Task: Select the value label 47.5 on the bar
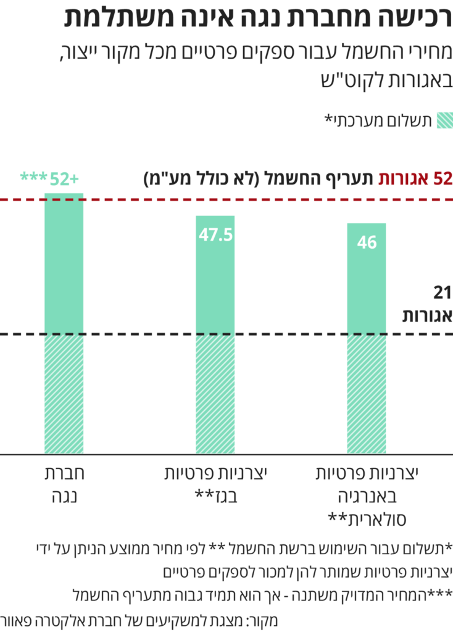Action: click(215, 235)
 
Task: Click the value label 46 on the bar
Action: click(367, 243)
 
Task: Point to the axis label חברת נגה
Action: click(64, 484)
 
